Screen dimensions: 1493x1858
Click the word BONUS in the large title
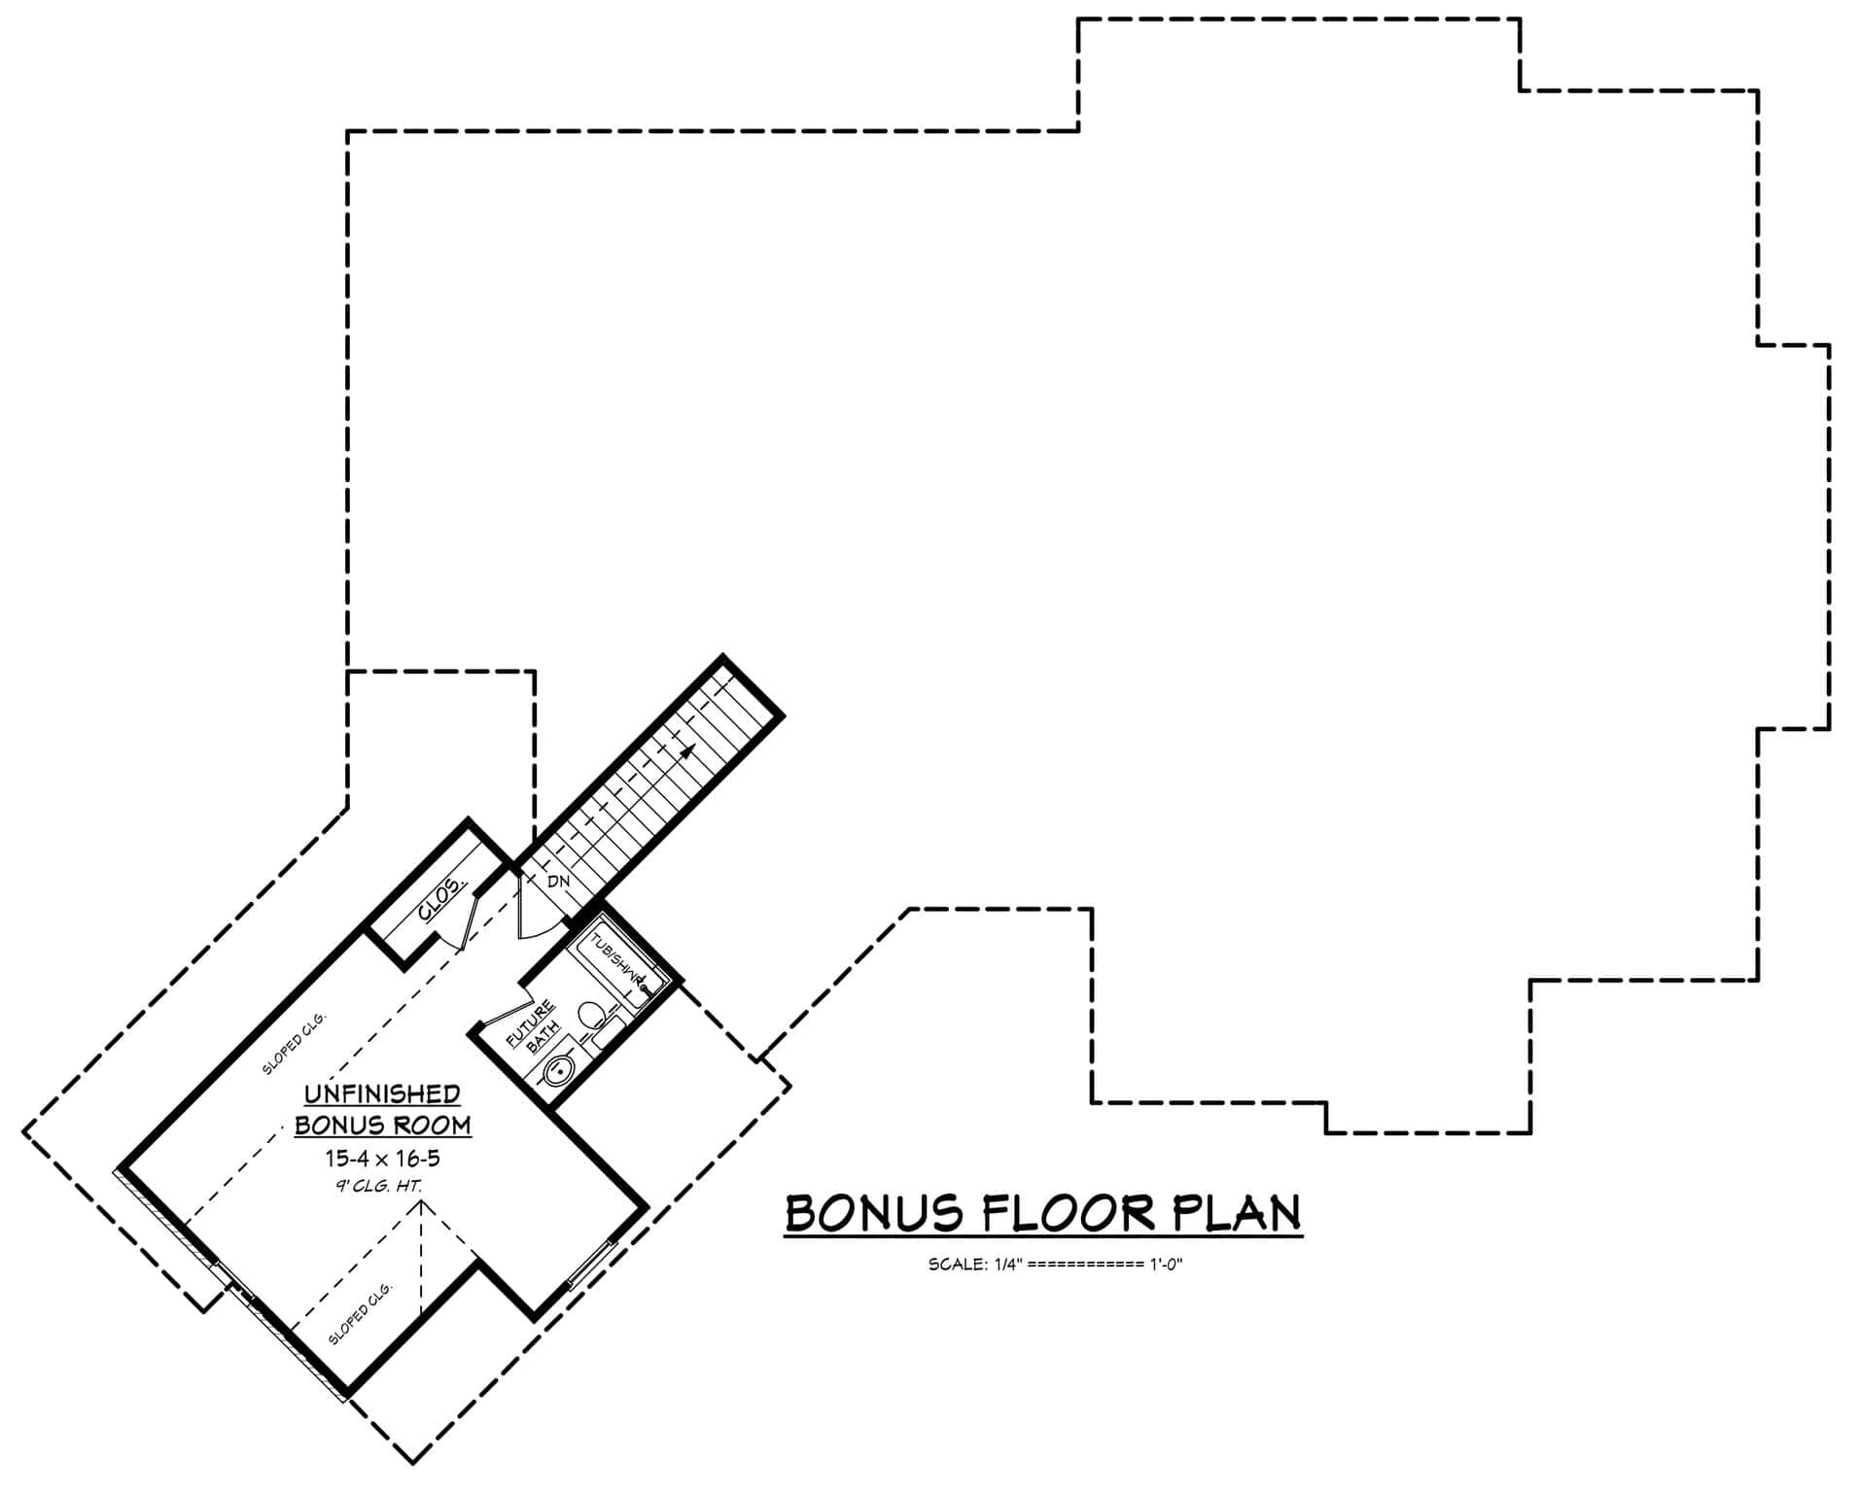point(875,1214)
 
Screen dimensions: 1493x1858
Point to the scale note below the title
point(1055,1265)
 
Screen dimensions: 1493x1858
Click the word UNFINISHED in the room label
point(382,1094)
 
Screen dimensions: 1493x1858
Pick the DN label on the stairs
point(558,882)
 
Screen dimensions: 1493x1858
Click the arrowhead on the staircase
point(689,749)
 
